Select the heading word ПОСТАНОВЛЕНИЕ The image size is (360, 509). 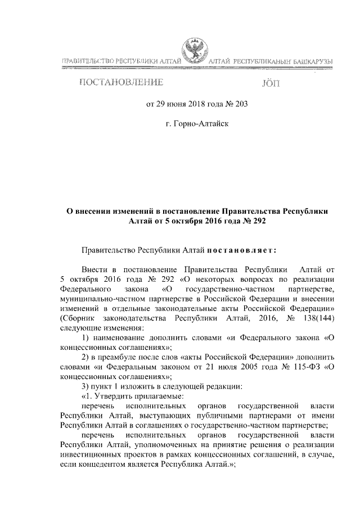click(x=121, y=83)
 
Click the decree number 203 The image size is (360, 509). click(x=241, y=103)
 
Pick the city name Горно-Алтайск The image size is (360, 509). click(x=201, y=121)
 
